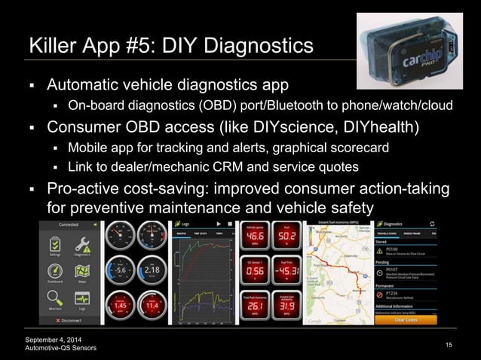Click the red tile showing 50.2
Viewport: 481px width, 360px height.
[x=285, y=239]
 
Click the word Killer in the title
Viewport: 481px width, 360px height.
[x=52, y=45]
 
